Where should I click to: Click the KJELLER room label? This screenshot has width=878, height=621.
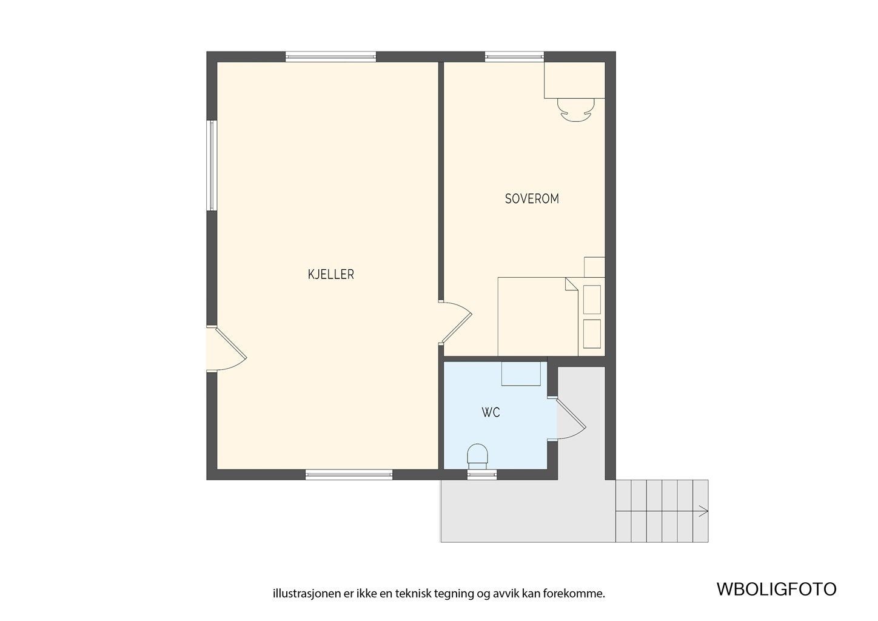coord(330,275)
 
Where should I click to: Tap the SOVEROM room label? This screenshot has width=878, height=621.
coord(532,199)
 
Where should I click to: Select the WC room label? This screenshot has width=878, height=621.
coord(491,413)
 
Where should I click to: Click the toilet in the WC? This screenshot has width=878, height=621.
coord(478,455)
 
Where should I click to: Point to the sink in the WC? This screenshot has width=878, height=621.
coord(521,374)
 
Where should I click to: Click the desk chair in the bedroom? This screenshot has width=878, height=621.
coord(574,110)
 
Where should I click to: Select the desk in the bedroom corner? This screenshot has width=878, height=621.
coord(574,80)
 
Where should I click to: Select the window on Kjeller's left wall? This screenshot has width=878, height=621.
coord(212,166)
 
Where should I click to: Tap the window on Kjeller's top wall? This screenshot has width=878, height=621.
coord(330,57)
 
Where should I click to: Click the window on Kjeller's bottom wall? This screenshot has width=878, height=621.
coord(348,475)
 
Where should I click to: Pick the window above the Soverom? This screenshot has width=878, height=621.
coord(514,57)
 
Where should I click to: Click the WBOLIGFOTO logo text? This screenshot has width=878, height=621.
coord(776,589)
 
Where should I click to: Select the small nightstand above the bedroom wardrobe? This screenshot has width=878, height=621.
coord(594,267)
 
